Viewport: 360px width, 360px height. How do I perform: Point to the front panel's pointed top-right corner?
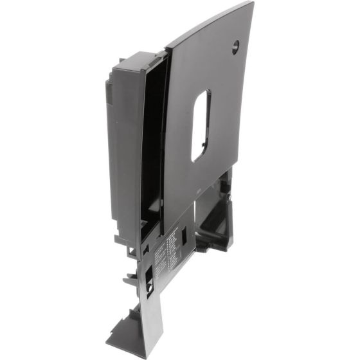(x=253, y=3)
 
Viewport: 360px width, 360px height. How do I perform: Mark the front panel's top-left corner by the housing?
(x=168, y=49)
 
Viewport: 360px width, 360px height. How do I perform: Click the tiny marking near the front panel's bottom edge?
(x=197, y=190)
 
